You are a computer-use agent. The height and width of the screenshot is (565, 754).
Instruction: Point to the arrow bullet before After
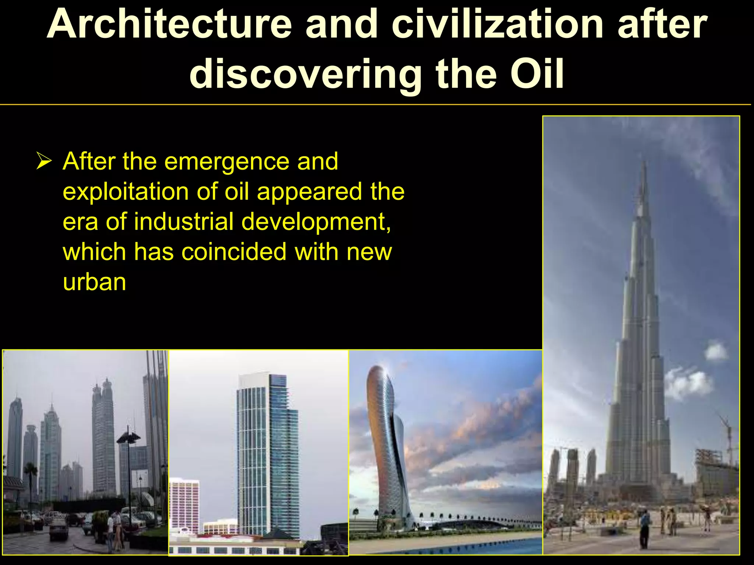click(x=44, y=162)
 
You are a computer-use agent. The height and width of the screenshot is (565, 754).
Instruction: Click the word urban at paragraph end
click(x=94, y=282)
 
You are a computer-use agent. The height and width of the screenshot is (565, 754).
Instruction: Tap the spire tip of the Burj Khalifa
click(x=644, y=162)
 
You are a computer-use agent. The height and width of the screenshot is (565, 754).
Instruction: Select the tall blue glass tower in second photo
click(x=267, y=452)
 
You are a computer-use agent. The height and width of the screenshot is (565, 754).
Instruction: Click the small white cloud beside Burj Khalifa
click(x=716, y=351)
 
